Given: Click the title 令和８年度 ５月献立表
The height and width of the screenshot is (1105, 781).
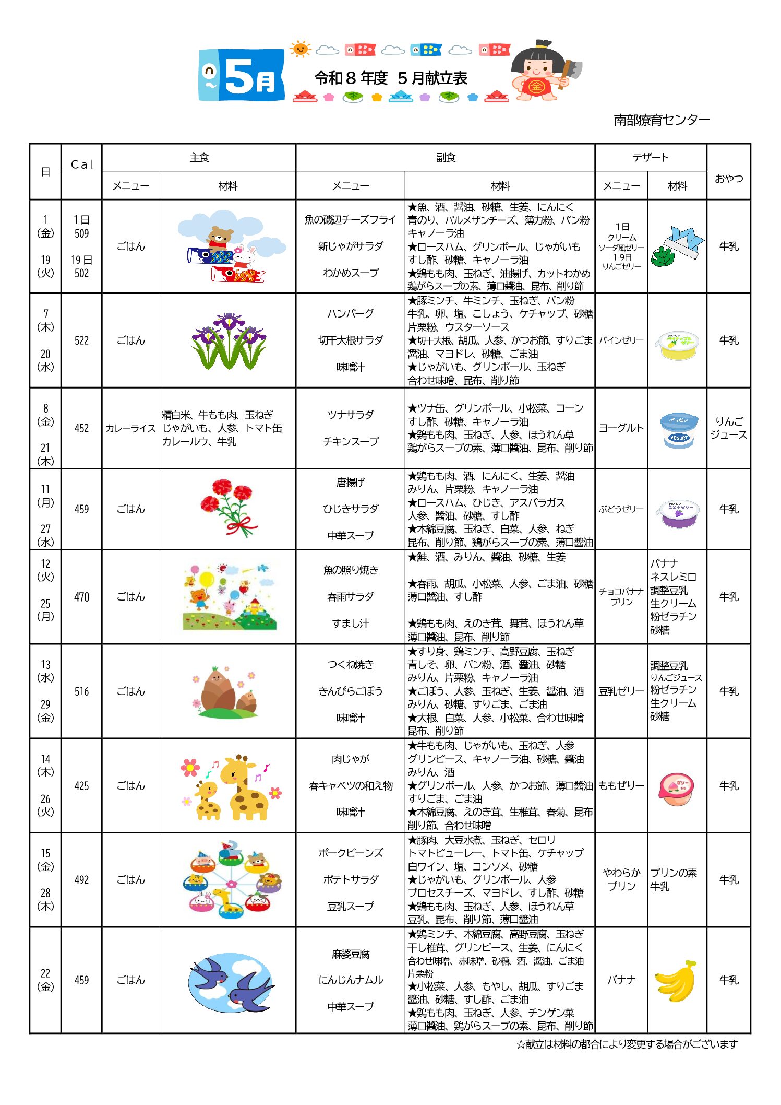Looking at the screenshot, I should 391,78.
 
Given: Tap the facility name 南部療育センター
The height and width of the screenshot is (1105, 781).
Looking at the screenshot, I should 662,120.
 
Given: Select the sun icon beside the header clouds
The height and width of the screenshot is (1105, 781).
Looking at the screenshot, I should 300,49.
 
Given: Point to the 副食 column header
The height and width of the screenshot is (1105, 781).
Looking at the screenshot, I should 446,158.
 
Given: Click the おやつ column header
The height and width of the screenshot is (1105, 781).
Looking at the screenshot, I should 728,179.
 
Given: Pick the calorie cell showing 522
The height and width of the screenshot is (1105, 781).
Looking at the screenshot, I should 81,340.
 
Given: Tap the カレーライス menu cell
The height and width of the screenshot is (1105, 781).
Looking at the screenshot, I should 130,428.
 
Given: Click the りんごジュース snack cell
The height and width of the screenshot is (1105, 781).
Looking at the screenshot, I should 728,428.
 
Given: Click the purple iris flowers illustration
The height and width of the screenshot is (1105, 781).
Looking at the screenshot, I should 229,340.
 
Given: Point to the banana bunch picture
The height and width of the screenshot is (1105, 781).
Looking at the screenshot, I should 677,981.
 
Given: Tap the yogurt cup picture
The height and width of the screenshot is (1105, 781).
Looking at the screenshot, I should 678,429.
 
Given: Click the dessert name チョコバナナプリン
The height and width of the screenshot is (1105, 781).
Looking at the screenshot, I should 621,596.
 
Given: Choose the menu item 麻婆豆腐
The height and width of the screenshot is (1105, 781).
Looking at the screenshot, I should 351,954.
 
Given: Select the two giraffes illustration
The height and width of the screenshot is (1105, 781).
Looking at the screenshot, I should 230,786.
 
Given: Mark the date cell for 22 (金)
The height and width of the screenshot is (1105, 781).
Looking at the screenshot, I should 45,980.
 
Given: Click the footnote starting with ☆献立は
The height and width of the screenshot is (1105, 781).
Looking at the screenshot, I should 627,1044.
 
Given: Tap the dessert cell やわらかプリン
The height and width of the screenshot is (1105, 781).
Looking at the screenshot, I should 621,879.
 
